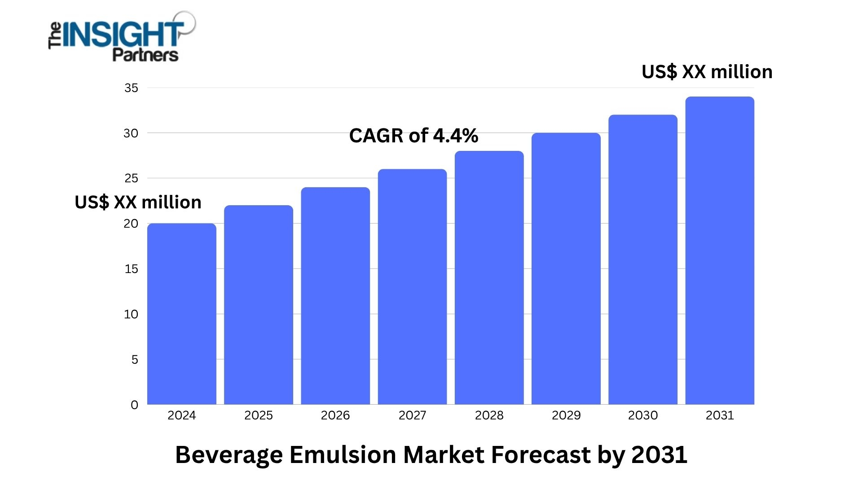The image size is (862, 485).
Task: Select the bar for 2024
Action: click(x=182, y=314)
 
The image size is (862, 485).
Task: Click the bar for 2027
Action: click(x=412, y=287)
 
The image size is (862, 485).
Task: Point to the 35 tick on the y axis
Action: click(x=131, y=88)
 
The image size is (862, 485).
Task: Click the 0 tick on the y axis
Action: click(x=134, y=405)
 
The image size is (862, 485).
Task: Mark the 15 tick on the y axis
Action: click(x=131, y=269)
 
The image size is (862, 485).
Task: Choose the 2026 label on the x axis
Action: click(x=335, y=415)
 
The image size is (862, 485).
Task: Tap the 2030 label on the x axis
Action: click(x=643, y=415)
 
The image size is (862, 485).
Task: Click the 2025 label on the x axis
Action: click(x=259, y=415)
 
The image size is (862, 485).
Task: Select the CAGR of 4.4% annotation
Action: click(x=413, y=136)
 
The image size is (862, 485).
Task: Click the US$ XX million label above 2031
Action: click(x=707, y=72)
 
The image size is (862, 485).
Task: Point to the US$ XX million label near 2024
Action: click(x=138, y=203)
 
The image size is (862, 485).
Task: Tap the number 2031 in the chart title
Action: click(x=659, y=455)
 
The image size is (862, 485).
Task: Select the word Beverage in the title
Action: click(x=229, y=455)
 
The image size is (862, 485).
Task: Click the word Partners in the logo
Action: click(x=145, y=55)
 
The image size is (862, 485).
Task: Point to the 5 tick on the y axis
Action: click(x=135, y=360)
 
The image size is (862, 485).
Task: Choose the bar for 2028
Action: click(x=489, y=278)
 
